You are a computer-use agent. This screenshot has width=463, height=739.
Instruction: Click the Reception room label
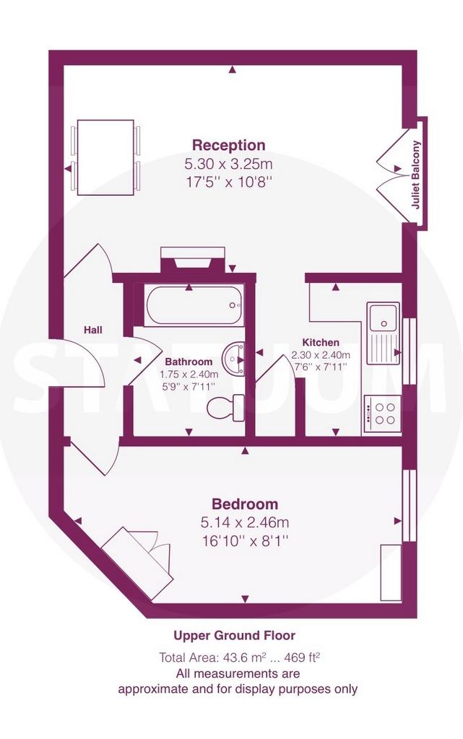(229, 145)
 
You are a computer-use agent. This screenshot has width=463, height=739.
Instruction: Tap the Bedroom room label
(245, 504)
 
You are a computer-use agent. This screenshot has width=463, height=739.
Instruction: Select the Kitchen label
(321, 343)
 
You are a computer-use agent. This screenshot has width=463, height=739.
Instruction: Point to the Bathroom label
(189, 362)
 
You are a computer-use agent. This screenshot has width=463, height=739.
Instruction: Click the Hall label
(93, 330)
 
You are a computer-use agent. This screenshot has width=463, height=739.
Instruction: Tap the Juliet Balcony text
(415, 175)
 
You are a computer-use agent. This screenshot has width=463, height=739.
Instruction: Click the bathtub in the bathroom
(194, 305)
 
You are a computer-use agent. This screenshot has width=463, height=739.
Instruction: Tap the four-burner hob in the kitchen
(381, 414)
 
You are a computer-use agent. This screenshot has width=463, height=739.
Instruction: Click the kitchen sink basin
(384, 317)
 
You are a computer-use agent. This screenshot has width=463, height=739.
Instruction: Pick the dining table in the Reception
(105, 157)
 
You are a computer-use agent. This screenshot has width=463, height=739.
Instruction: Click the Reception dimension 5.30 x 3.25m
(229, 165)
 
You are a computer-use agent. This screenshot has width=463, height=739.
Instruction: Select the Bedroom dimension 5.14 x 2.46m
(245, 522)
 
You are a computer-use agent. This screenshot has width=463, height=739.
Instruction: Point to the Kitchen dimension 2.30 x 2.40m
(321, 355)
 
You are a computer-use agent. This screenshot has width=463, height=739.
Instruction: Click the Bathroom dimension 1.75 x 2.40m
(189, 375)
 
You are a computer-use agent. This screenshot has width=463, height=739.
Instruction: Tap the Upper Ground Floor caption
(234, 635)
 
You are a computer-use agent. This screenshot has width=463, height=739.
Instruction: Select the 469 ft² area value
(301, 657)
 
